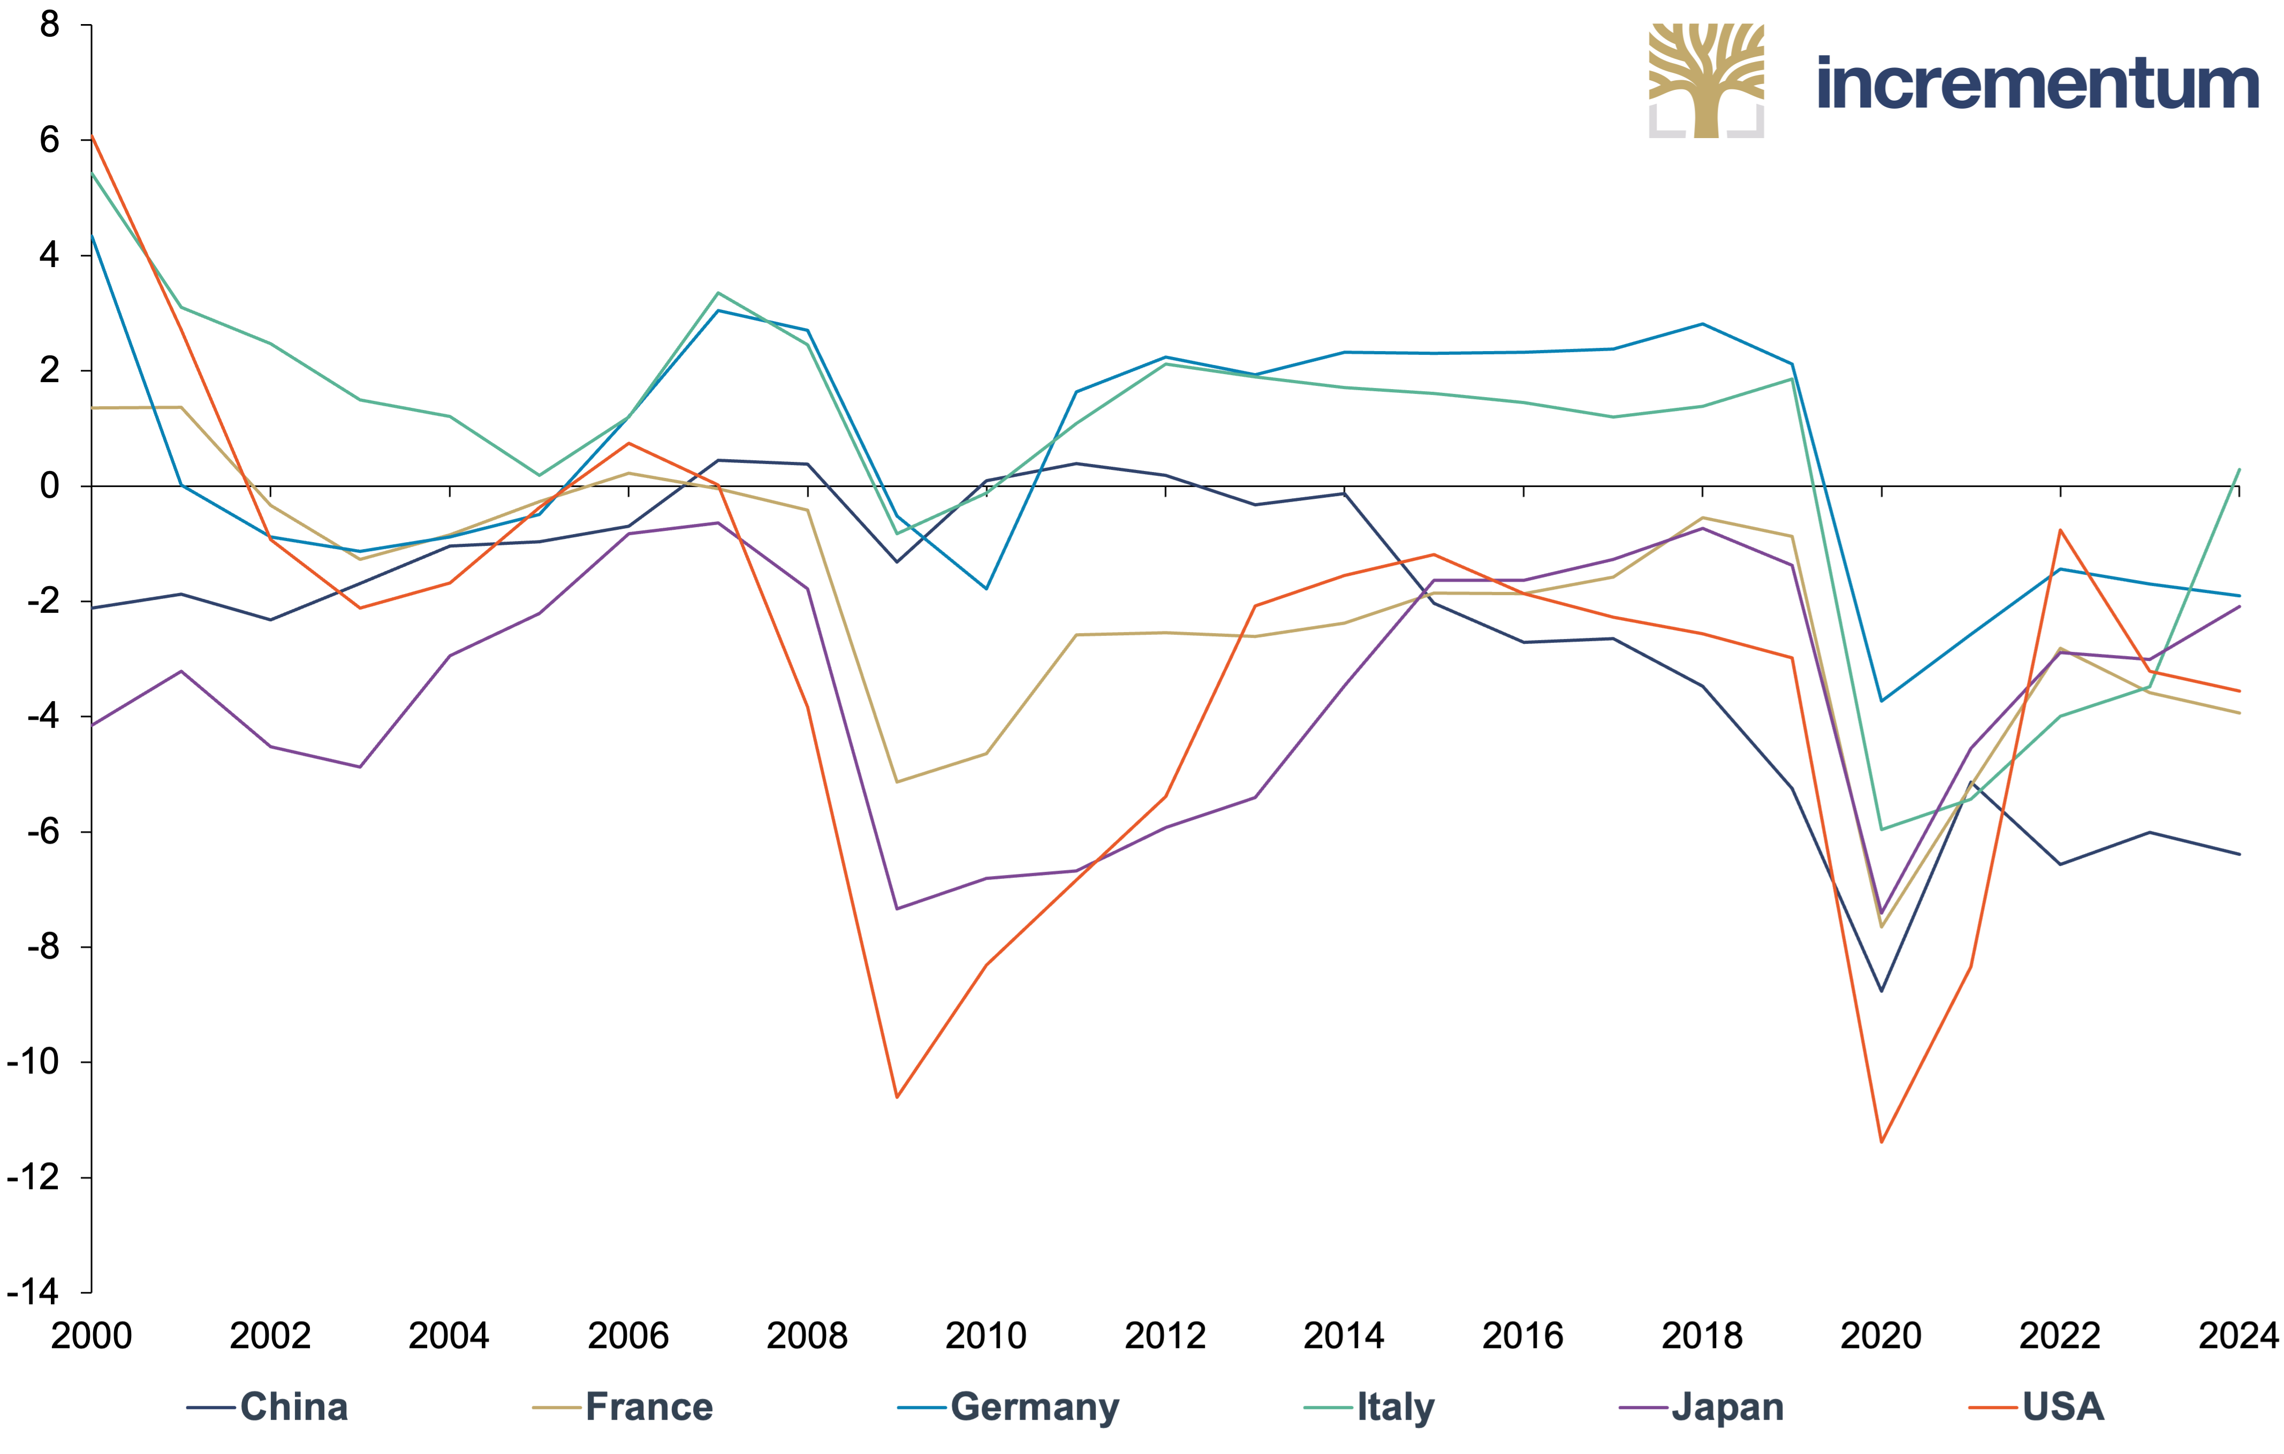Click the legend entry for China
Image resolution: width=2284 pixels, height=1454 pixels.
[268, 1406]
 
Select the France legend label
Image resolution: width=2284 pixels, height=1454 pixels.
[623, 1406]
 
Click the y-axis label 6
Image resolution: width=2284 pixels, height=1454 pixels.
[49, 140]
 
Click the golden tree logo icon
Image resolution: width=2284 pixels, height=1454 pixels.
[1706, 81]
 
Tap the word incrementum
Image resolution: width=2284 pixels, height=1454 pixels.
[2037, 83]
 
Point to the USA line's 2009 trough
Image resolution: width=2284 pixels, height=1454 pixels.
[897, 1098]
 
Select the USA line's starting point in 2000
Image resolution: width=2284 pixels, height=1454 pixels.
[92, 135]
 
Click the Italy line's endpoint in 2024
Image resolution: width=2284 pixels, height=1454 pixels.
[2240, 469]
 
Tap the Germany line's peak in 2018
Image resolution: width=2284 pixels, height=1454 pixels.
[1703, 324]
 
